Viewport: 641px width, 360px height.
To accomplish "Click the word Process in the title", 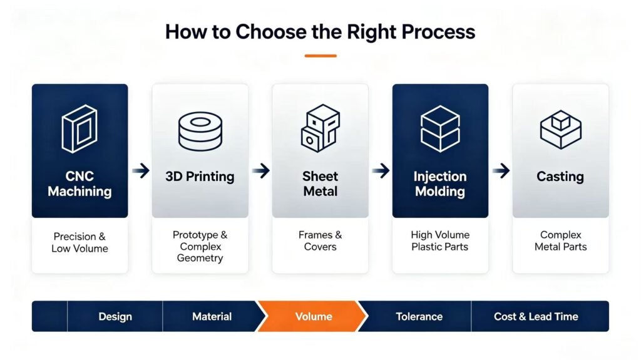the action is click(438, 32).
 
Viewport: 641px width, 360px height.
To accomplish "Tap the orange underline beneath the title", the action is click(320, 56).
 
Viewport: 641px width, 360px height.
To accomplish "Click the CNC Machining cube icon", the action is click(79, 128).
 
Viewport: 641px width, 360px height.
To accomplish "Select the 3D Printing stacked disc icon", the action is click(200, 131).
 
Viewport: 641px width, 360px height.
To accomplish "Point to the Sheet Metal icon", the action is click(320, 128).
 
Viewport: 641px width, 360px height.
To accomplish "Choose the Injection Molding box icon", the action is click(440, 128).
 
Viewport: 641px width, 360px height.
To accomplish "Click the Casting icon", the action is click(560, 129).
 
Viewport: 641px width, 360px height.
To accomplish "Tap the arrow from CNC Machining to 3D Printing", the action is click(141, 170).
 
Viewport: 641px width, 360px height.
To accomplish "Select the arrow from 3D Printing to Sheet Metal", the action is click(261, 170).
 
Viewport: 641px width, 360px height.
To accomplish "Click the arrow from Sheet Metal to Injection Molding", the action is click(381, 170).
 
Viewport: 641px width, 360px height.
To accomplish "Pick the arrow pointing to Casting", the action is click(501, 170).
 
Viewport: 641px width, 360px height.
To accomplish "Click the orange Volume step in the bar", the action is click(313, 316).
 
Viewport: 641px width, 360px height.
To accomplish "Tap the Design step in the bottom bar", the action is click(115, 316).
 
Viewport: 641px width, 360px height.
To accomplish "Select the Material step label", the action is click(212, 316).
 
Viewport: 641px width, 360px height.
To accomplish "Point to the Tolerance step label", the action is click(419, 316).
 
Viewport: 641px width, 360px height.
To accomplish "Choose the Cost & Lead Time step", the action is click(536, 316).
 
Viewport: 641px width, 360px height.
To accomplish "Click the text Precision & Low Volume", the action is click(79, 242).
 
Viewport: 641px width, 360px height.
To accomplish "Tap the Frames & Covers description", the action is click(320, 240).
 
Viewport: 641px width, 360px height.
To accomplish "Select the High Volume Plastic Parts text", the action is click(440, 240).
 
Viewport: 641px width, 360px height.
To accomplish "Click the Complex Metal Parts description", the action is click(560, 240).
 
